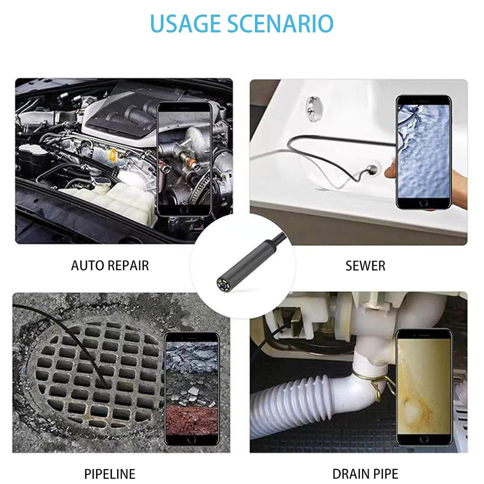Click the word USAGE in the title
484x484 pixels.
(185, 23)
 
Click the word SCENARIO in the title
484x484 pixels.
(281, 23)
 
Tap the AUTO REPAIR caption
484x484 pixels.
(110, 266)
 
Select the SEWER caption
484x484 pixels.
(365, 266)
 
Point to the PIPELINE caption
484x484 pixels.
(110, 459)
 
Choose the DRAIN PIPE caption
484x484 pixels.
(365, 459)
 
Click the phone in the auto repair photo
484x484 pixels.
(184, 158)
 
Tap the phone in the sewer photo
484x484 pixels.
(423, 152)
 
